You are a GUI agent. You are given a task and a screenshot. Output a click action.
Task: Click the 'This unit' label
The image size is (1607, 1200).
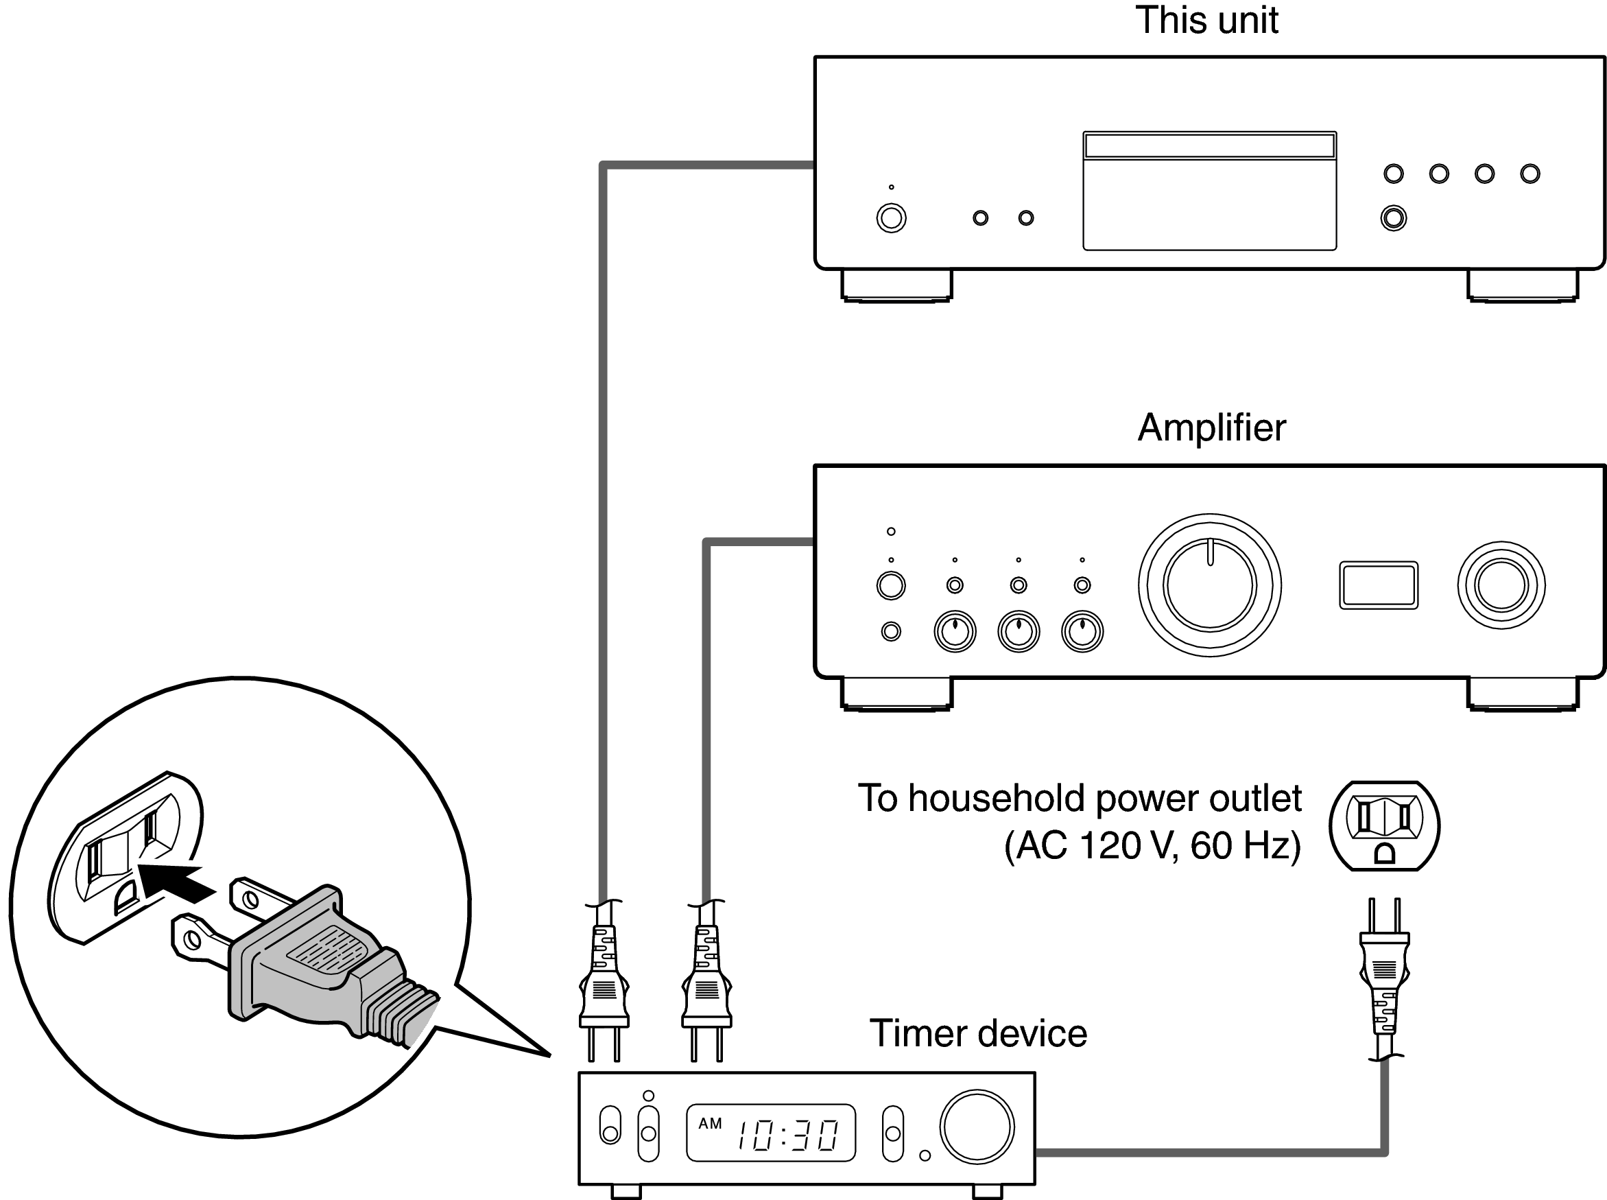(1206, 21)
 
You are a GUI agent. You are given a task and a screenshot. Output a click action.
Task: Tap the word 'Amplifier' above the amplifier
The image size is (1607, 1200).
(1211, 428)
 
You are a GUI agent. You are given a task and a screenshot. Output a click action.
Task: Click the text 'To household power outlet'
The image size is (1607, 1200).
(1079, 799)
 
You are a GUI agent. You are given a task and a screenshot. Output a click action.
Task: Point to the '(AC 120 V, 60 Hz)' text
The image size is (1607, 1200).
(1152, 845)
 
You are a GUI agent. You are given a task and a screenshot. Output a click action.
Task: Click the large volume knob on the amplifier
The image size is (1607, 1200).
(1209, 585)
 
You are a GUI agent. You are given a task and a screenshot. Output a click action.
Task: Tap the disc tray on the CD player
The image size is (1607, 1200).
(1209, 191)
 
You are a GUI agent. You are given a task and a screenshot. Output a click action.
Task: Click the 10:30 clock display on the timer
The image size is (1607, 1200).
(788, 1135)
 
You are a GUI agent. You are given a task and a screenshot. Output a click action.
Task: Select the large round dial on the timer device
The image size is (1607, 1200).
(976, 1127)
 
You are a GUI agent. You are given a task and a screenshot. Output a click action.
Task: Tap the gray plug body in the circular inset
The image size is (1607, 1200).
(305, 959)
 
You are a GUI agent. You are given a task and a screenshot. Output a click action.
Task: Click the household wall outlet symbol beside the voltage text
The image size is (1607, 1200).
(1384, 826)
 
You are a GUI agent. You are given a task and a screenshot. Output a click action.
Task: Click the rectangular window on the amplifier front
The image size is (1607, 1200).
(1378, 585)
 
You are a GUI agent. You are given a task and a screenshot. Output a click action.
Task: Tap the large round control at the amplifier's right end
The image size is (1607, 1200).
(1501, 585)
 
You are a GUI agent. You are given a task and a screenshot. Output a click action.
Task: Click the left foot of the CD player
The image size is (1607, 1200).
(896, 285)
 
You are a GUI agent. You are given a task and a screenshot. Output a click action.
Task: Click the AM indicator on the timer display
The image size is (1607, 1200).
(709, 1124)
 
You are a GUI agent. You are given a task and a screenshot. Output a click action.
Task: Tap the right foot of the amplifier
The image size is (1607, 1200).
(1522, 694)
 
